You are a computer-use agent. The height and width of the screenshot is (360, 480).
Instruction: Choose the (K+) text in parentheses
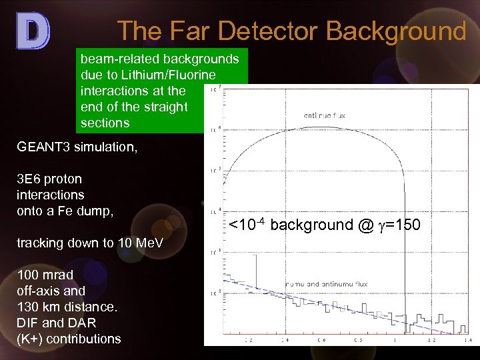[x=29, y=339]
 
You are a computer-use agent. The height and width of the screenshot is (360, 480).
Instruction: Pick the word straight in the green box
[x=165, y=107]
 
